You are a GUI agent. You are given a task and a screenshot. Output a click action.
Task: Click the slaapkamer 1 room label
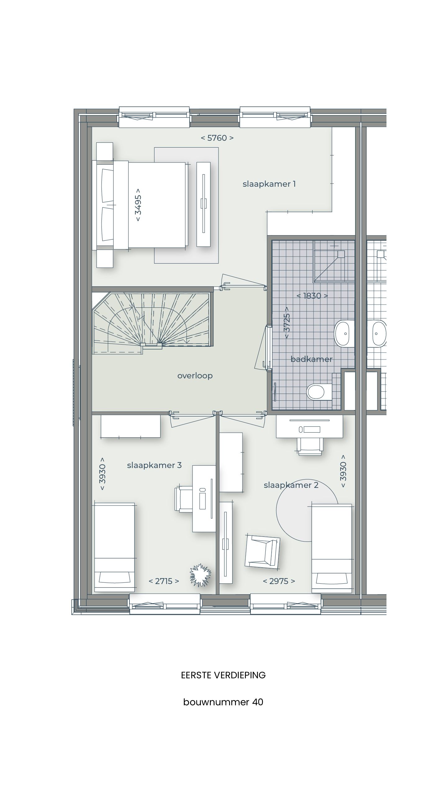pos(269,184)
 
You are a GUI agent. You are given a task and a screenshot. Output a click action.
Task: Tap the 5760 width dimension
pos(217,138)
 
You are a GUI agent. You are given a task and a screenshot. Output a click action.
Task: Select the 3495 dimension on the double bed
pos(138,205)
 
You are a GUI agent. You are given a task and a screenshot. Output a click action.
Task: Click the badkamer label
pos(311,359)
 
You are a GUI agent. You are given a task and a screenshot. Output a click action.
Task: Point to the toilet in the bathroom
pos(318,392)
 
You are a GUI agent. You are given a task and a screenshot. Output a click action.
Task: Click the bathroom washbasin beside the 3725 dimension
pos(344,334)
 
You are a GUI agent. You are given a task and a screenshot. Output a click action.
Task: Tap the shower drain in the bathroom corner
pos(341,254)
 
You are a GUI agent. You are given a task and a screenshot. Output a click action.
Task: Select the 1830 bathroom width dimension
pos(312,296)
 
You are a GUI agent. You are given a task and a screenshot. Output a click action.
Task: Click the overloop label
pos(195,376)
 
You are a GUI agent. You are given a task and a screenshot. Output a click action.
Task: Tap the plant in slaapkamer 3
pos(200,575)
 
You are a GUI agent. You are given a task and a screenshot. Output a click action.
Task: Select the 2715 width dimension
pos(164,581)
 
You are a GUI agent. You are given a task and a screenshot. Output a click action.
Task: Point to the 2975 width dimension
pos(279,581)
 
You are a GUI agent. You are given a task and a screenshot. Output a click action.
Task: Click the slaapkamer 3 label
pos(154,465)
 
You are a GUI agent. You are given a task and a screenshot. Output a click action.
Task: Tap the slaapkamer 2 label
pos(291,485)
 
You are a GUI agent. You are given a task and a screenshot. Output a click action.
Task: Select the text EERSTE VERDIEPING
pos(223,675)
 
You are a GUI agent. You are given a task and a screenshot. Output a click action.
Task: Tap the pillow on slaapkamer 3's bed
pos(114,578)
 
